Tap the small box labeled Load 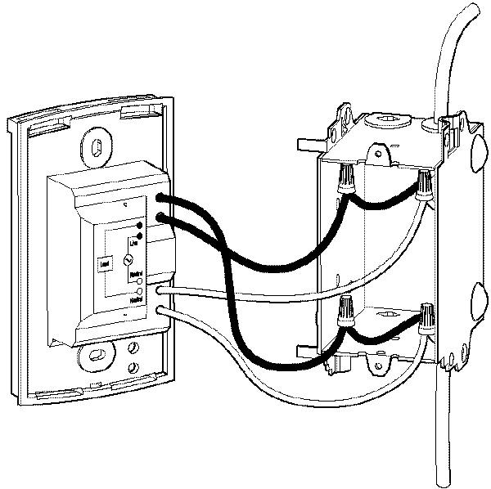(x=105, y=263)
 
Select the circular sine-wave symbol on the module (x=127, y=259)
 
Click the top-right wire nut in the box (x=425, y=186)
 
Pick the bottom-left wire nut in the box (x=346, y=312)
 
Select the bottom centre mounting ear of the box (x=376, y=357)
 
